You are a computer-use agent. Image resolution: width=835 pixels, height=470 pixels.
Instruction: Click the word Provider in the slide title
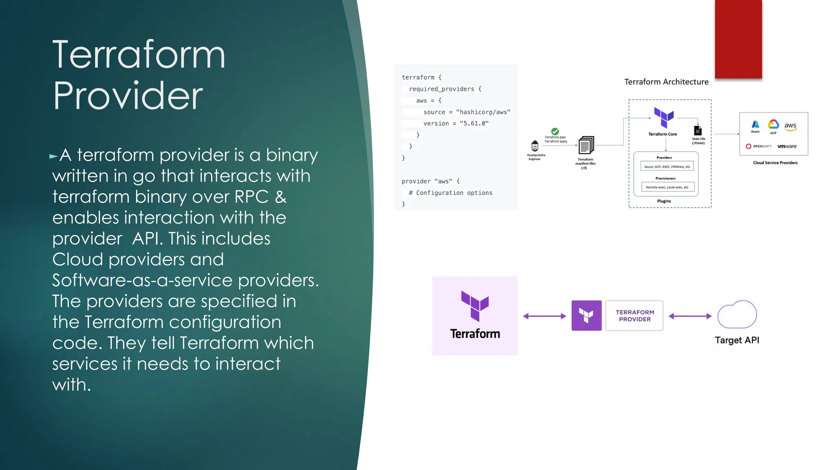(x=128, y=96)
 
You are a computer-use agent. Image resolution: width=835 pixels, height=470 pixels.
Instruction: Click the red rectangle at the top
(x=738, y=39)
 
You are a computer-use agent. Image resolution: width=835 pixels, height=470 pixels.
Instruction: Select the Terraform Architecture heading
(x=666, y=82)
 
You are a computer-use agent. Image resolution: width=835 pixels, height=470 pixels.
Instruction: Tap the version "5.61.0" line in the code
(x=455, y=124)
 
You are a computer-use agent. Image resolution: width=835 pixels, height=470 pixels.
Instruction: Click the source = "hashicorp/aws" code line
(x=466, y=112)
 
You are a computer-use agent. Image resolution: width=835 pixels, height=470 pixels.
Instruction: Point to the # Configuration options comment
(x=451, y=193)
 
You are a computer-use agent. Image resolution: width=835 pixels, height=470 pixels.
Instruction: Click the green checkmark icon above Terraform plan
(x=555, y=131)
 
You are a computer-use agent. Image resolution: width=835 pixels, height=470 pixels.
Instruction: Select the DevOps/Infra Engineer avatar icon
(x=535, y=146)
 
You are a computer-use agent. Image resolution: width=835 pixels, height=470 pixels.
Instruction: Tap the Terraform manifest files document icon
(x=586, y=145)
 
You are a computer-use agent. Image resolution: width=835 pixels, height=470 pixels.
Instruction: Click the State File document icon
(x=698, y=131)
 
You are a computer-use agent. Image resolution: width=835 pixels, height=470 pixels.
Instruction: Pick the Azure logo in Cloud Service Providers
(x=755, y=124)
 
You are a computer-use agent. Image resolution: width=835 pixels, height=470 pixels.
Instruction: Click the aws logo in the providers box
(x=790, y=126)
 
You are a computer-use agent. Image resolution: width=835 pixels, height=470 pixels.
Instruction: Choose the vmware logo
(x=787, y=146)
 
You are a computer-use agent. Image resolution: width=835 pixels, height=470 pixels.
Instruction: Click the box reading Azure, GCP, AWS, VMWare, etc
(x=667, y=166)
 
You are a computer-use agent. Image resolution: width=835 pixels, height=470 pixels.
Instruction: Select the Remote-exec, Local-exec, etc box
(x=667, y=187)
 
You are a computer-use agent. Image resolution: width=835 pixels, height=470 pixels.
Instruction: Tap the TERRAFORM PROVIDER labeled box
(x=634, y=316)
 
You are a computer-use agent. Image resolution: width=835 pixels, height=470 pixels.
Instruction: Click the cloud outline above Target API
(x=737, y=315)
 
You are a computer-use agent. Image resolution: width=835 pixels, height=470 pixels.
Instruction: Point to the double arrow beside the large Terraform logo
(x=544, y=316)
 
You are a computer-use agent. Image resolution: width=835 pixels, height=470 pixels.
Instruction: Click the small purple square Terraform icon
(x=586, y=316)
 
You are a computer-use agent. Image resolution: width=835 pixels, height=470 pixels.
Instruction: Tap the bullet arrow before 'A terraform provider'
(x=53, y=156)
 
